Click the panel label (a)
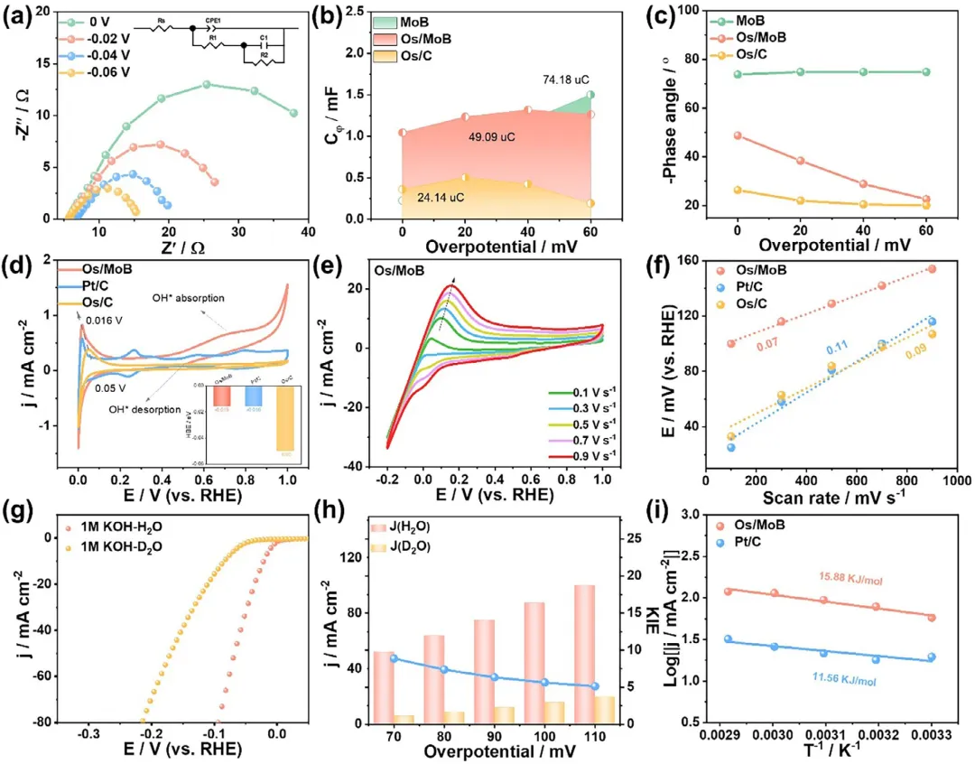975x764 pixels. [x=18, y=14]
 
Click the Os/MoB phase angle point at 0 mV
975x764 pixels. [x=738, y=135]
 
